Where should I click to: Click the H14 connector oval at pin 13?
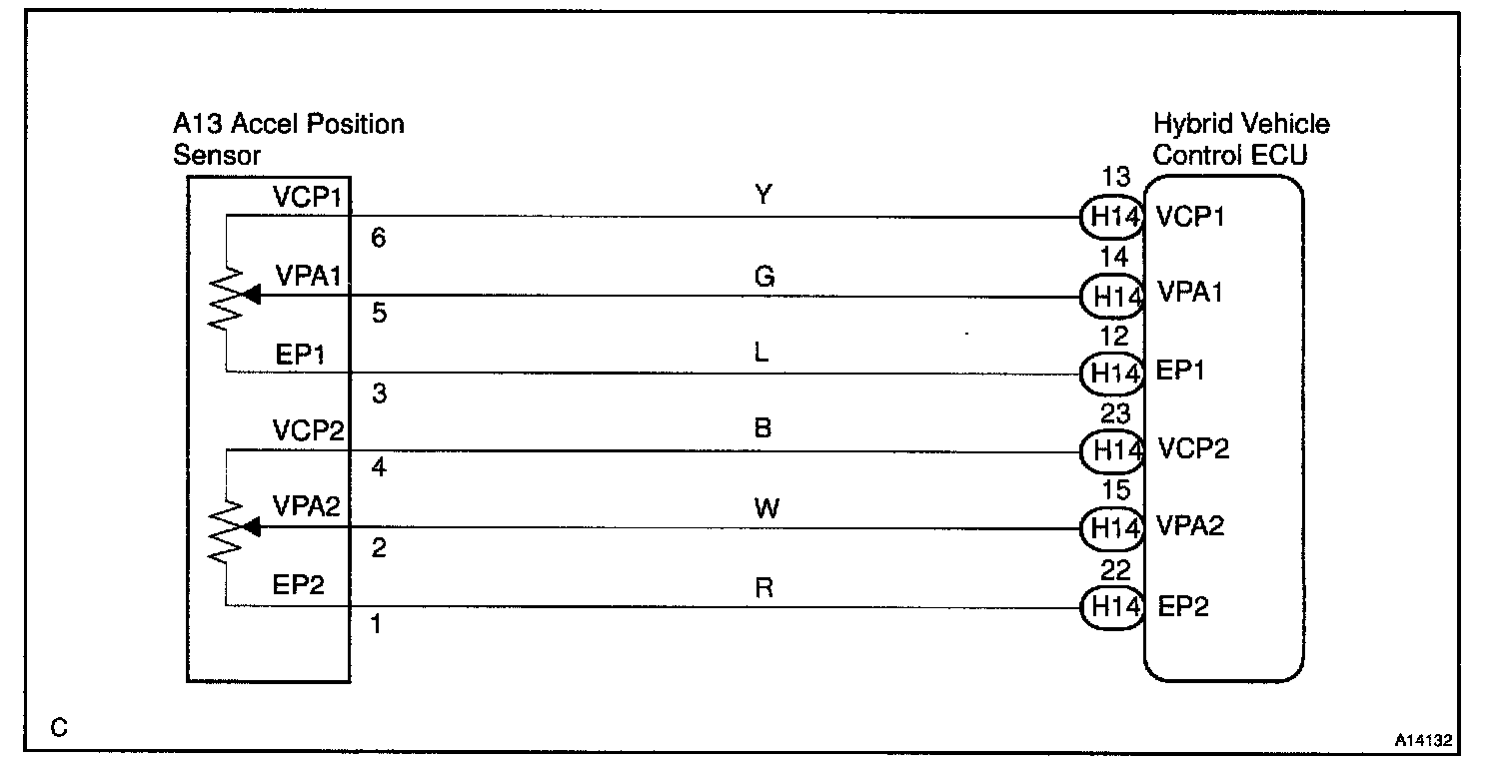pos(1111,217)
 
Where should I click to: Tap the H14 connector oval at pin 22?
pos(1111,606)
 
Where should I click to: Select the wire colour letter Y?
pos(762,197)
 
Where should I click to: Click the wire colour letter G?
pos(764,276)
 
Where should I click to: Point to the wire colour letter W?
pos(764,509)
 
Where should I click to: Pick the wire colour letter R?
pos(764,588)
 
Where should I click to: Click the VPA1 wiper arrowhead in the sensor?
pos(251,296)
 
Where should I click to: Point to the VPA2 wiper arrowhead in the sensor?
pos(251,527)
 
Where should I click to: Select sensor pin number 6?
pos(378,239)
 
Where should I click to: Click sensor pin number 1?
pos(377,626)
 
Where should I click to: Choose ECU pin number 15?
pos(1115,490)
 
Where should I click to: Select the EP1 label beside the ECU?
pos(1179,371)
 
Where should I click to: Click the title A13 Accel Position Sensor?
pos(289,140)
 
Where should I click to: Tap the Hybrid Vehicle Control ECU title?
pos(1241,140)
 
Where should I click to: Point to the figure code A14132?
pos(1424,742)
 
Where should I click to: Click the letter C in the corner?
pos(59,728)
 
